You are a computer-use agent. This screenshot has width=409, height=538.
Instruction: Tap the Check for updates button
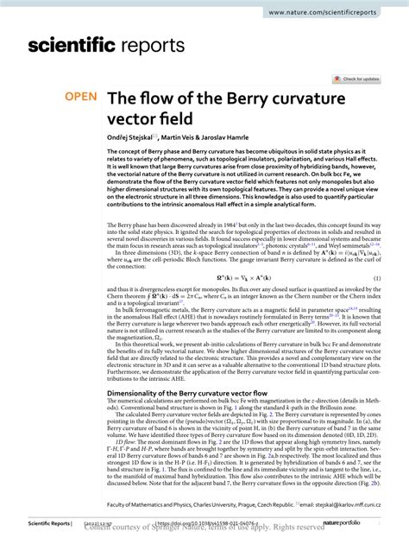coord(362,79)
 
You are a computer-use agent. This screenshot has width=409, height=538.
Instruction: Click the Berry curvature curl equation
coord(244,276)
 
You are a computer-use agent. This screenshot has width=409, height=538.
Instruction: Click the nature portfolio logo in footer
coord(356,524)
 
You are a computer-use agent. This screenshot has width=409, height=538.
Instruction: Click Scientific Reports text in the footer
coord(51,524)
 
